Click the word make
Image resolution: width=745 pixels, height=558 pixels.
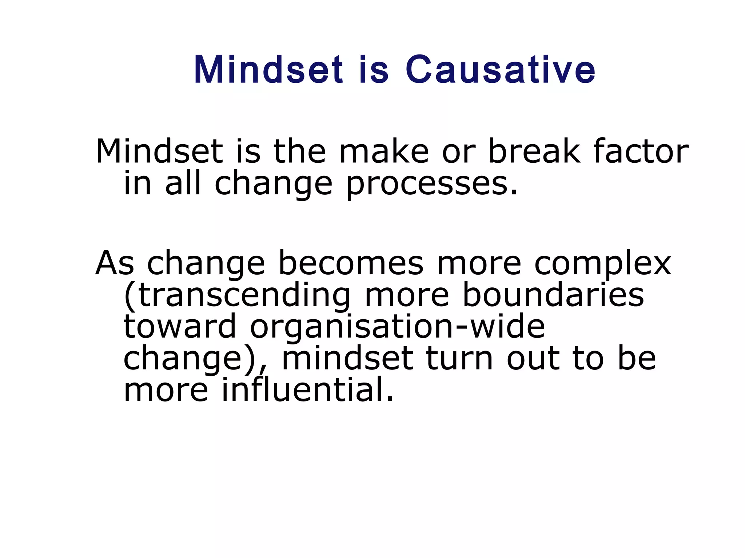[384, 151]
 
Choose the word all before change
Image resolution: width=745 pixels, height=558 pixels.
[183, 183]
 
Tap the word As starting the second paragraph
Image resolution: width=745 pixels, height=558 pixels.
[115, 263]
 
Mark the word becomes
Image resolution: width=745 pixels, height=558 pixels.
[351, 263]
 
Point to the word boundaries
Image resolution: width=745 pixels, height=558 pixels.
[553, 295]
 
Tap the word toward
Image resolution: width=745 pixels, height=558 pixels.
[180, 327]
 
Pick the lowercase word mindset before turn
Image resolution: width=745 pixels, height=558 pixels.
[347, 359]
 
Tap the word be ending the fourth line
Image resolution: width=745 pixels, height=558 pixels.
[637, 359]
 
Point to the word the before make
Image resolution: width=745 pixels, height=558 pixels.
[299, 151]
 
